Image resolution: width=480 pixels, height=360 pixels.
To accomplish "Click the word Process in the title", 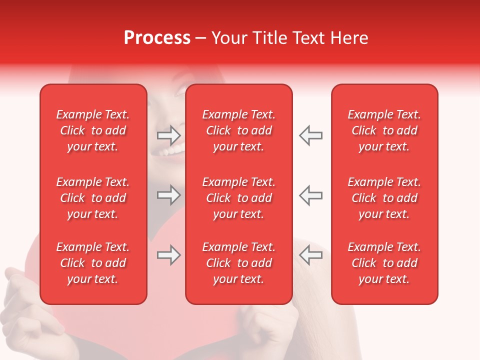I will pyautogui.click(x=157, y=38).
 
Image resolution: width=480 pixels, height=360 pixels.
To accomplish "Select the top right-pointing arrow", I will pyautogui.click(x=168, y=135).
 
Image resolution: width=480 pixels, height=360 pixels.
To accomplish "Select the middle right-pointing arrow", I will pyautogui.click(x=168, y=195).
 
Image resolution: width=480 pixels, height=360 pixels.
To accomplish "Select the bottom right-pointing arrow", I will pyautogui.click(x=168, y=255).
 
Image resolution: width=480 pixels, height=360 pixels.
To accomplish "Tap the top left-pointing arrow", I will pyautogui.click(x=311, y=135).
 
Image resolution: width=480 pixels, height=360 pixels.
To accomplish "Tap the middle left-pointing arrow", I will pyautogui.click(x=311, y=195).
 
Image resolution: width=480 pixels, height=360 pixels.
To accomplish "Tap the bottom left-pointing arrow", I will pyautogui.click(x=311, y=255).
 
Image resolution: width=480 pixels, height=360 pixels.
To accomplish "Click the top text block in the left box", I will pyautogui.click(x=93, y=130).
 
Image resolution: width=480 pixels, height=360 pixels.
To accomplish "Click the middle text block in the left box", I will pyautogui.click(x=93, y=198).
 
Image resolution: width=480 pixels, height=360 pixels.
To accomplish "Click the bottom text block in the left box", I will pyautogui.click(x=93, y=263).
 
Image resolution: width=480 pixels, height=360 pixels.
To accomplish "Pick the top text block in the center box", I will pyautogui.click(x=239, y=130).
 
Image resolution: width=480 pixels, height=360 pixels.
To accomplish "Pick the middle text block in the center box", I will pyautogui.click(x=239, y=198).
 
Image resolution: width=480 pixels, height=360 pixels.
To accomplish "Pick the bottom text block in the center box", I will pyautogui.click(x=239, y=263).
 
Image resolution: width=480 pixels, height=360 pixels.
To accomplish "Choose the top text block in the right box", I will pyautogui.click(x=384, y=130).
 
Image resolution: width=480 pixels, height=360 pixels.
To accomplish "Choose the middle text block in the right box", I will pyautogui.click(x=384, y=198).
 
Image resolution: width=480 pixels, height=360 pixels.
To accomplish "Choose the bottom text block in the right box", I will pyautogui.click(x=384, y=263).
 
